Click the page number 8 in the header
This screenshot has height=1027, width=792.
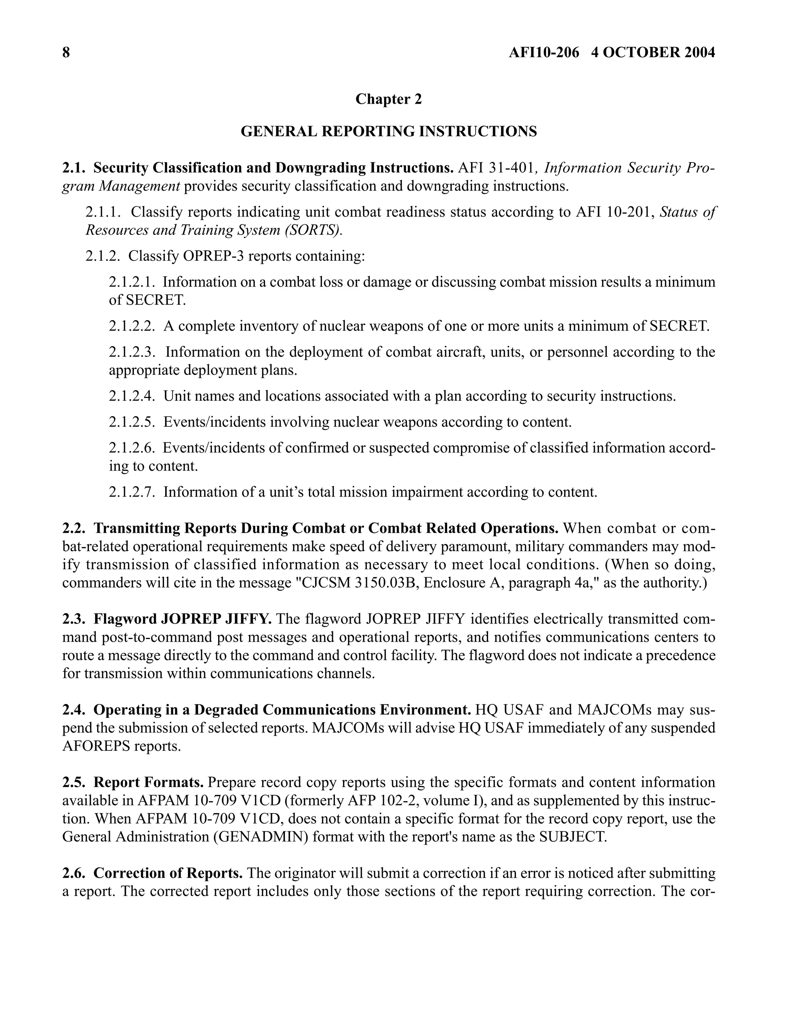tap(66, 52)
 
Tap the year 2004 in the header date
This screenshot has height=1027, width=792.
tap(699, 52)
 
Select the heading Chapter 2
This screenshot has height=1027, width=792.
tap(388, 99)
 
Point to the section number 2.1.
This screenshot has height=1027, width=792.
tap(74, 168)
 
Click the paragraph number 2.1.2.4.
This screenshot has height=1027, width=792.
tap(131, 396)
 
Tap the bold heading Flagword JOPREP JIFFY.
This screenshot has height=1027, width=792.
tap(183, 619)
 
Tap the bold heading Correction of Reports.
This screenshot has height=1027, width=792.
tap(168, 873)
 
